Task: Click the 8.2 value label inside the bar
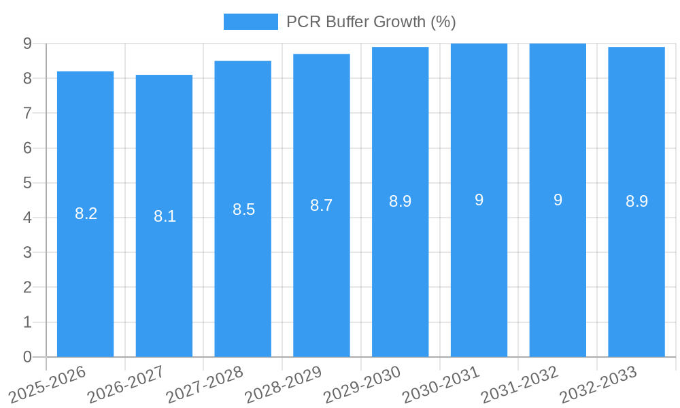click(x=86, y=214)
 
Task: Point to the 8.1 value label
click(x=165, y=216)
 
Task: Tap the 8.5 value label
click(x=243, y=209)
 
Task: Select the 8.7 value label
click(x=322, y=205)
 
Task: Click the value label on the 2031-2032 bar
click(x=558, y=200)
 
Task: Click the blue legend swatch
click(x=250, y=22)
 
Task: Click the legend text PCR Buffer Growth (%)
click(x=371, y=22)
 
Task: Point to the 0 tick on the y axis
click(x=27, y=357)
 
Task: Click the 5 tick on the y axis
click(x=27, y=183)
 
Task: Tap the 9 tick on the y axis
click(x=27, y=44)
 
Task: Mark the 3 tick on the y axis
click(x=27, y=252)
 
